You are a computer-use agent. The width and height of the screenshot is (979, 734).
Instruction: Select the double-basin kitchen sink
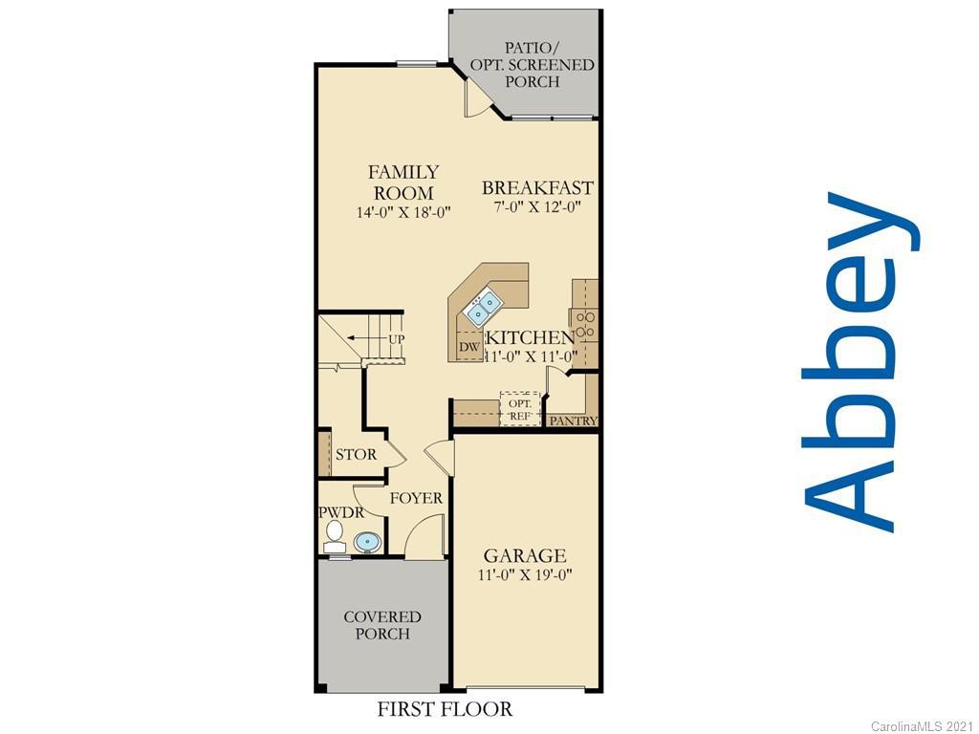coord(483,308)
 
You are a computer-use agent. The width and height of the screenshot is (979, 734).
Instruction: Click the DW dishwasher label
coord(469,347)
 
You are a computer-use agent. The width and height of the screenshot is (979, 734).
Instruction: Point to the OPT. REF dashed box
coord(520,409)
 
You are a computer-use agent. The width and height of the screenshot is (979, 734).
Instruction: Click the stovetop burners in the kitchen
coord(585,325)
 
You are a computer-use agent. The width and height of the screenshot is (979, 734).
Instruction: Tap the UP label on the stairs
coord(397,339)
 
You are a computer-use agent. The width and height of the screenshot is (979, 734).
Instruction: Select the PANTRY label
coord(574,421)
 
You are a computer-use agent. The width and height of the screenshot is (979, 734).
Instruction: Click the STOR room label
coord(356,454)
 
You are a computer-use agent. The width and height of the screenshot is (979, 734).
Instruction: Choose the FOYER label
coord(416,498)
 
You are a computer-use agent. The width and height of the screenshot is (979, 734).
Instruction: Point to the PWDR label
coord(341,513)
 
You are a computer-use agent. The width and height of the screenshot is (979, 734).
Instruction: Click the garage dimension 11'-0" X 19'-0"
coord(525,574)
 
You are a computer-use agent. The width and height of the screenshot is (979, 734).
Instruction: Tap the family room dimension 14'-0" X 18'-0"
coord(403,213)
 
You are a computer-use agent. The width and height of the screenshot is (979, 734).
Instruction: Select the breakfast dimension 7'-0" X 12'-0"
coord(537,206)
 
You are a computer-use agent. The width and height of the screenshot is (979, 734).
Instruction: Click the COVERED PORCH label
coord(382,625)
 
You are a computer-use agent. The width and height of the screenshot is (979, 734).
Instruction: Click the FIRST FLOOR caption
coord(445,710)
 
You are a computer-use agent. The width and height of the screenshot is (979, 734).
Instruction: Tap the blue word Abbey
coord(861,362)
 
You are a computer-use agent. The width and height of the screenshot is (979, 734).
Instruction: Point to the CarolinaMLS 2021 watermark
coord(922,726)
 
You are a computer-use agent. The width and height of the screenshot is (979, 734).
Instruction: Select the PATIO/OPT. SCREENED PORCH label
coord(532,64)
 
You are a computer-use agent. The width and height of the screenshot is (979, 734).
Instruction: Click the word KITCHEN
coord(530,337)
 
